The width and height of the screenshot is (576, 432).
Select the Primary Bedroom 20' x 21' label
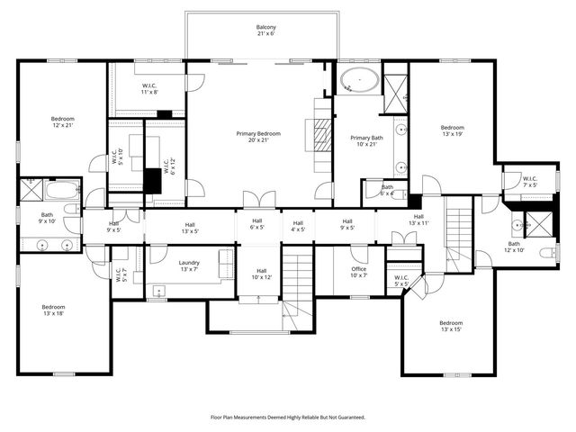click(x=253, y=137)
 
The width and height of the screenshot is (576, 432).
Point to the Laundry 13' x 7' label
click(x=189, y=265)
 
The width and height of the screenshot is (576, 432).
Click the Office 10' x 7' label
click(x=359, y=272)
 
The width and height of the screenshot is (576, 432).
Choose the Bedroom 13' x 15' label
click(x=450, y=327)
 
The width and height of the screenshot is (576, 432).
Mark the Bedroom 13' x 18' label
click(x=53, y=310)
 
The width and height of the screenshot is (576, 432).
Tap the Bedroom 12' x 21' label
click(x=62, y=122)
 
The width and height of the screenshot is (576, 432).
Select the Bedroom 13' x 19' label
click(x=452, y=131)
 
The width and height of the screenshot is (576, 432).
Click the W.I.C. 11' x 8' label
click(x=149, y=88)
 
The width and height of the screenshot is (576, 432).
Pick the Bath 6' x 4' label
click(x=387, y=190)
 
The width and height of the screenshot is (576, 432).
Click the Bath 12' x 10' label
click(x=514, y=246)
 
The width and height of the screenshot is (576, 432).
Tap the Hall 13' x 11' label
click(x=418, y=220)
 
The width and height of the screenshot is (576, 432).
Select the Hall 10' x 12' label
click(x=261, y=274)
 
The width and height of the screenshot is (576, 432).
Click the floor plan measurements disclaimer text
click(x=288, y=417)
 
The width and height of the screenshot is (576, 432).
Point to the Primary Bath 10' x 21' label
click(x=366, y=140)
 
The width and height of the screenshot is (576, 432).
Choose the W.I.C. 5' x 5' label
click(x=400, y=280)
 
